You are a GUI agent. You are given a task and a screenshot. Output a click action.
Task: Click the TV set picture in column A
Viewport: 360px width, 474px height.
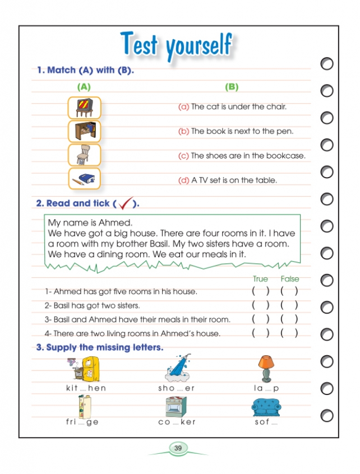tap(84, 107)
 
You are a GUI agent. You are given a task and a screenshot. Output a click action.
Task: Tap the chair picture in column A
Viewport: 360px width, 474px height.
tap(84, 155)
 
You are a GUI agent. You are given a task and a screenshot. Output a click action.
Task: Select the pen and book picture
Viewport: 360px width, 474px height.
tap(84, 179)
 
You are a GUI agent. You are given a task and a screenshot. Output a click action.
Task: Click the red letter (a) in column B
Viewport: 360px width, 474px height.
tap(183, 106)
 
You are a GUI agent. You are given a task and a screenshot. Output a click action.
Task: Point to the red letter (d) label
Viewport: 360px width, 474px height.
tap(183, 180)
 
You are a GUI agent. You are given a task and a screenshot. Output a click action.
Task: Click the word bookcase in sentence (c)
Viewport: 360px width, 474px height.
tap(287, 156)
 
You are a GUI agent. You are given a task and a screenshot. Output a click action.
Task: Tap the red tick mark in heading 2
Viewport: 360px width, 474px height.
tap(126, 203)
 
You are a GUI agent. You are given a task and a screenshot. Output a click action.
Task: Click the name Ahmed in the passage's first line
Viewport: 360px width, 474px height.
tap(115, 222)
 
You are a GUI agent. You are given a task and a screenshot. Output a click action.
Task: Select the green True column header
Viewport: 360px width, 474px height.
tap(260, 278)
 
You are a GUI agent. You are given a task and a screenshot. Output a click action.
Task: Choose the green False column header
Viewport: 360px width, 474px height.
tap(289, 278)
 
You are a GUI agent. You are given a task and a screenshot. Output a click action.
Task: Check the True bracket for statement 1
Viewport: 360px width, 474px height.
tap(260, 291)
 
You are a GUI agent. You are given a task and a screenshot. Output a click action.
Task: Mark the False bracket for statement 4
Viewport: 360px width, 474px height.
tap(289, 333)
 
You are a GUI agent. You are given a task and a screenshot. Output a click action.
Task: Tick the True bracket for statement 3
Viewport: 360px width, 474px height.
tap(260, 319)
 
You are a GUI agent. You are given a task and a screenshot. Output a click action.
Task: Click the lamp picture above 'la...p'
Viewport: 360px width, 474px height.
tap(266, 368)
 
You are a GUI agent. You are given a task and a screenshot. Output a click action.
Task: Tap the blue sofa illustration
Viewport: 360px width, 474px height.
tap(266, 407)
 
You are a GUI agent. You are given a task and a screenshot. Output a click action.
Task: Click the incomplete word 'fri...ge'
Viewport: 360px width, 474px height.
tap(82, 422)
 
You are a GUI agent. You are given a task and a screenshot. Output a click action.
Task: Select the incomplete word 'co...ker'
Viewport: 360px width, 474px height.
tap(177, 422)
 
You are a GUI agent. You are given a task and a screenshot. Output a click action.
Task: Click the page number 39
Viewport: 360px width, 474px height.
tap(178, 448)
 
